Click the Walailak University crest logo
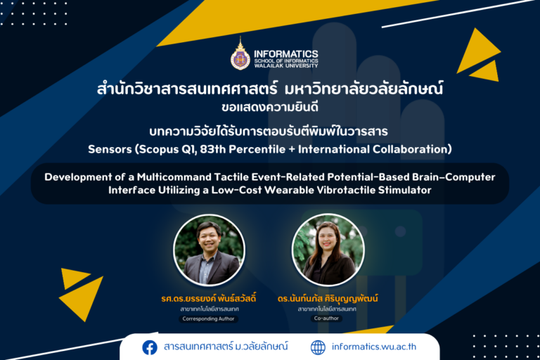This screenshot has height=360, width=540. click(240, 53)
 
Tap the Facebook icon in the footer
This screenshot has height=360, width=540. click(150, 347)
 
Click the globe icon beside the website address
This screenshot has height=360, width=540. click(318, 347)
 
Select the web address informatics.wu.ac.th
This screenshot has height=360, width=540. click(374, 347)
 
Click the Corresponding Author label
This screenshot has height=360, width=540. click(208, 319)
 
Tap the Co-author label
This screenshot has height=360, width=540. click(326, 319)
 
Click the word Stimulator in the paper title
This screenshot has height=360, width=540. click(405, 190)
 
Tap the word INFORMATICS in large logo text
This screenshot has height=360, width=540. click(286, 53)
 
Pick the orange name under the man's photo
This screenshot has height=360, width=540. click(209, 298)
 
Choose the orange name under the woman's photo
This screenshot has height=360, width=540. click(328, 298)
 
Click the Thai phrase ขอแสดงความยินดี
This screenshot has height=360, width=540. click(270, 108)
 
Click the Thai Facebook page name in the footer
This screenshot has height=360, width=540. click(226, 347)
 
